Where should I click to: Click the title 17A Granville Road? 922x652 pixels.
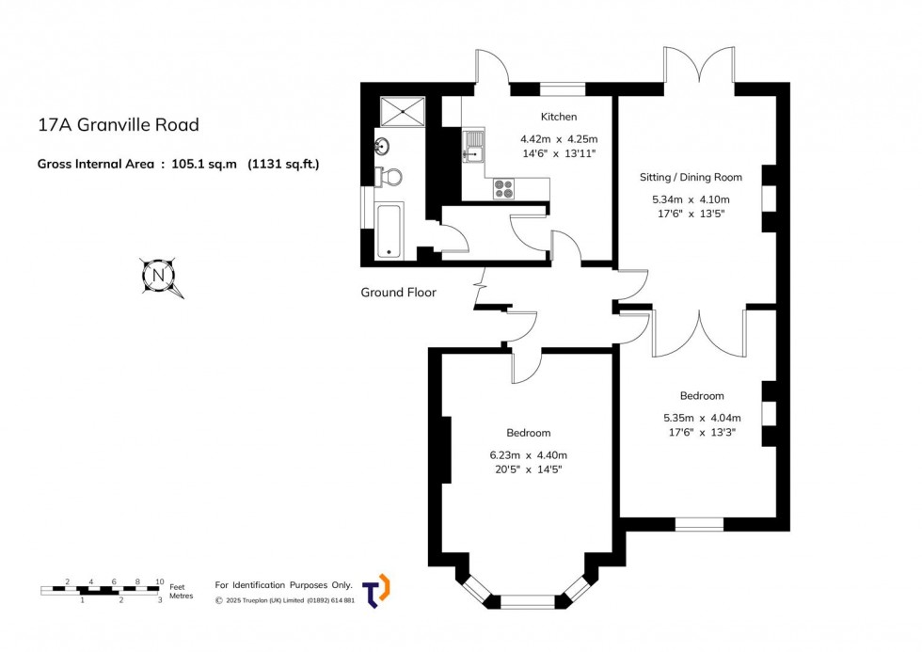coord(119,124)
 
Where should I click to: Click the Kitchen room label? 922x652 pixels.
coord(559,118)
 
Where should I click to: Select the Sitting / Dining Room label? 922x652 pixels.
coord(697,177)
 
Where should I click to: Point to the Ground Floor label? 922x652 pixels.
coord(399,293)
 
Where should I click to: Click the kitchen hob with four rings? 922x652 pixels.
coord(504,188)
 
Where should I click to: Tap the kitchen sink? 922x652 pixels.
coord(473,151)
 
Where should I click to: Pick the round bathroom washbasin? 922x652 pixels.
coord(383,146)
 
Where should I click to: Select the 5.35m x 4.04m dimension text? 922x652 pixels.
coord(702,418)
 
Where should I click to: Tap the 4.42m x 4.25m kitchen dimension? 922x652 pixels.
coord(559,138)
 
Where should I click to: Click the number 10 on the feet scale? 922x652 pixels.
coord(160,581)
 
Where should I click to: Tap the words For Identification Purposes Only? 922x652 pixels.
coord(283,585)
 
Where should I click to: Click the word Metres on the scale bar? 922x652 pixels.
coord(181,596)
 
